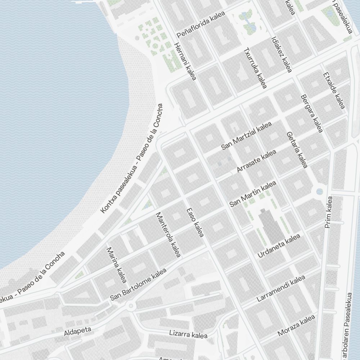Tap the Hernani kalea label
click(x=185, y=62)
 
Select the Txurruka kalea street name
click(x=255, y=68)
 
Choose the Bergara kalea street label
click(x=311, y=113)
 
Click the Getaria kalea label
click(x=297, y=149)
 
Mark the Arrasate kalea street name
click(x=256, y=161)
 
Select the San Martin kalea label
click(x=253, y=194)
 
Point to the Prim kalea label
click(x=329, y=212)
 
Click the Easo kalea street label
click(x=195, y=223)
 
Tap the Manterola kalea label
click(x=167, y=235)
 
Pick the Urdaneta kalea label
click(x=279, y=246)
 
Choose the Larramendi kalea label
click(x=281, y=289)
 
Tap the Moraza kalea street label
click(x=296, y=326)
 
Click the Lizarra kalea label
click(x=188, y=334)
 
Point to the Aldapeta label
click(x=77, y=331)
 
